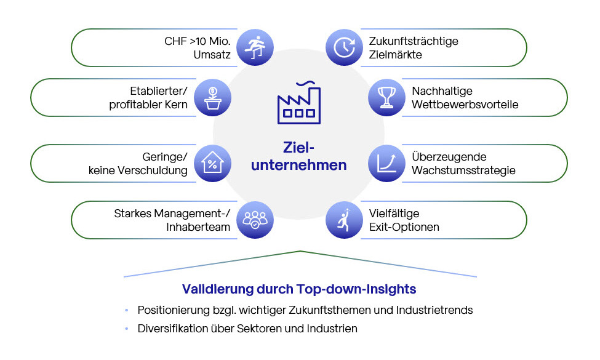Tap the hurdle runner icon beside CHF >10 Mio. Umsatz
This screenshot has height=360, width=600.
pyautogui.click(x=255, y=47)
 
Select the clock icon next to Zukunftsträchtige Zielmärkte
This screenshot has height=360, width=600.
pyautogui.click(x=344, y=47)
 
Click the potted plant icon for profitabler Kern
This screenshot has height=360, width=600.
pyautogui.click(x=212, y=97)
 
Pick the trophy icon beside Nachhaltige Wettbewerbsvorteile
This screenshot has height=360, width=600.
pyautogui.click(x=387, y=97)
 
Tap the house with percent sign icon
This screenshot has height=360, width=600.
pyautogui.click(x=212, y=164)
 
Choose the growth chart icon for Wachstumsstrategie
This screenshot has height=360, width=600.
pyautogui.click(x=387, y=164)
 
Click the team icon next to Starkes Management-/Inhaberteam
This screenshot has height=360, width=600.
pyautogui.click(x=255, y=220)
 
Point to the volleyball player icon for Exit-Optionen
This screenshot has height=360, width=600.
pyautogui.click(x=344, y=220)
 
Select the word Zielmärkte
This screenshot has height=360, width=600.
pyautogui.click(x=395, y=55)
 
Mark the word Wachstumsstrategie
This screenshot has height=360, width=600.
pyautogui.click(x=464, y=171)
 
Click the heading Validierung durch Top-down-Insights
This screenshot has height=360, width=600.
pyautogui.click(x=299, y=289)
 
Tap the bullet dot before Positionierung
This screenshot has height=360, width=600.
pyautogui.click(x=127, y=310)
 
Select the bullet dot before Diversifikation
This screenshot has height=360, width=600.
pyautogui.click(x=127, y=329)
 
